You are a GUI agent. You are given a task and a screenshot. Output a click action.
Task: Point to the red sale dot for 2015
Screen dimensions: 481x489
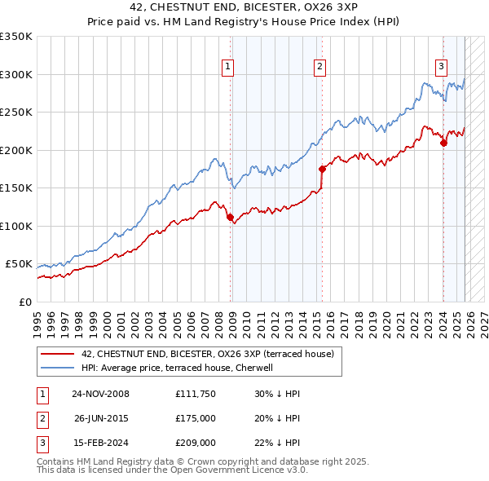322,170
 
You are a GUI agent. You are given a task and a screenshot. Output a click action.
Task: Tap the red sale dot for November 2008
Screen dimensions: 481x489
230,217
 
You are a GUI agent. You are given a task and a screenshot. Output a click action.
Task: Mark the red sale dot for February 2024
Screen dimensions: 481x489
443,143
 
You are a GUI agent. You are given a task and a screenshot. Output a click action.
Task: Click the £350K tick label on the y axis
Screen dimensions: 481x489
16,37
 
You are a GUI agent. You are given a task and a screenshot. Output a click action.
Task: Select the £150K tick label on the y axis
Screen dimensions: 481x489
16,188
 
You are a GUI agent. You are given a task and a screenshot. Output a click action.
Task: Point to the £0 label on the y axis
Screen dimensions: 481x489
24,302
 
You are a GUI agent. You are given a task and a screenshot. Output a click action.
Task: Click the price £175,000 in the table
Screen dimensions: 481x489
196,418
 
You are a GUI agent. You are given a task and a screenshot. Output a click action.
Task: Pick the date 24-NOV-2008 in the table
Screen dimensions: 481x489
100,394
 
